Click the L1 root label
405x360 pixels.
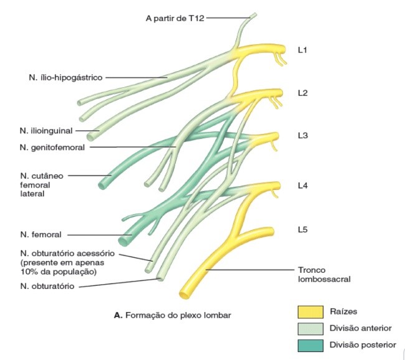[x=303, y=49]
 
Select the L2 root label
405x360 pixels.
[x=303, y=93]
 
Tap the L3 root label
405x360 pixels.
[x=303, y=136]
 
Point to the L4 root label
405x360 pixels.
[x=303, y=186]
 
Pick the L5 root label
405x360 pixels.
[x=303, y=230]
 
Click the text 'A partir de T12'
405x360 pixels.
[x=174, y=18]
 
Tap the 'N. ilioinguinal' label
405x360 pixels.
[x=45, y=131]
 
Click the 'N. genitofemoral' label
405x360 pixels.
[x=52, y=147]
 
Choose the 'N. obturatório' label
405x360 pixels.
[x=48, y=287]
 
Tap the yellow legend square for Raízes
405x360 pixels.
[x=310, y=311]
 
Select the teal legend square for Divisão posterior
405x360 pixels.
[x=310, y=344]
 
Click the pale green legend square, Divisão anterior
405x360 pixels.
[x=310, y=328]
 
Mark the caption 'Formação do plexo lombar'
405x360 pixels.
[x=178, y=316]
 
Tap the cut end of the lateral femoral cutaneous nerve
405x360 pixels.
[x=103, y=182]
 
